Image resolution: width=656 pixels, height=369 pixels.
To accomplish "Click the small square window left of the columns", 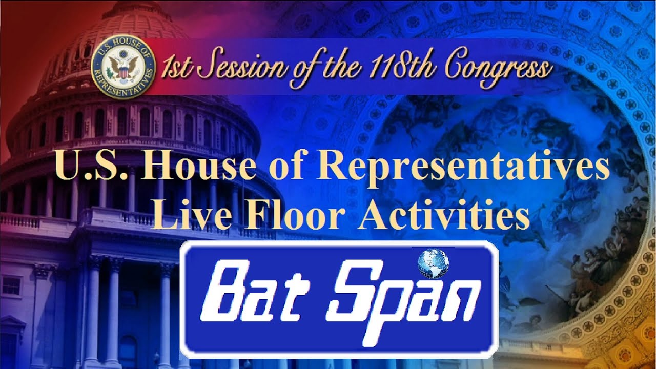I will pos(11,285).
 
